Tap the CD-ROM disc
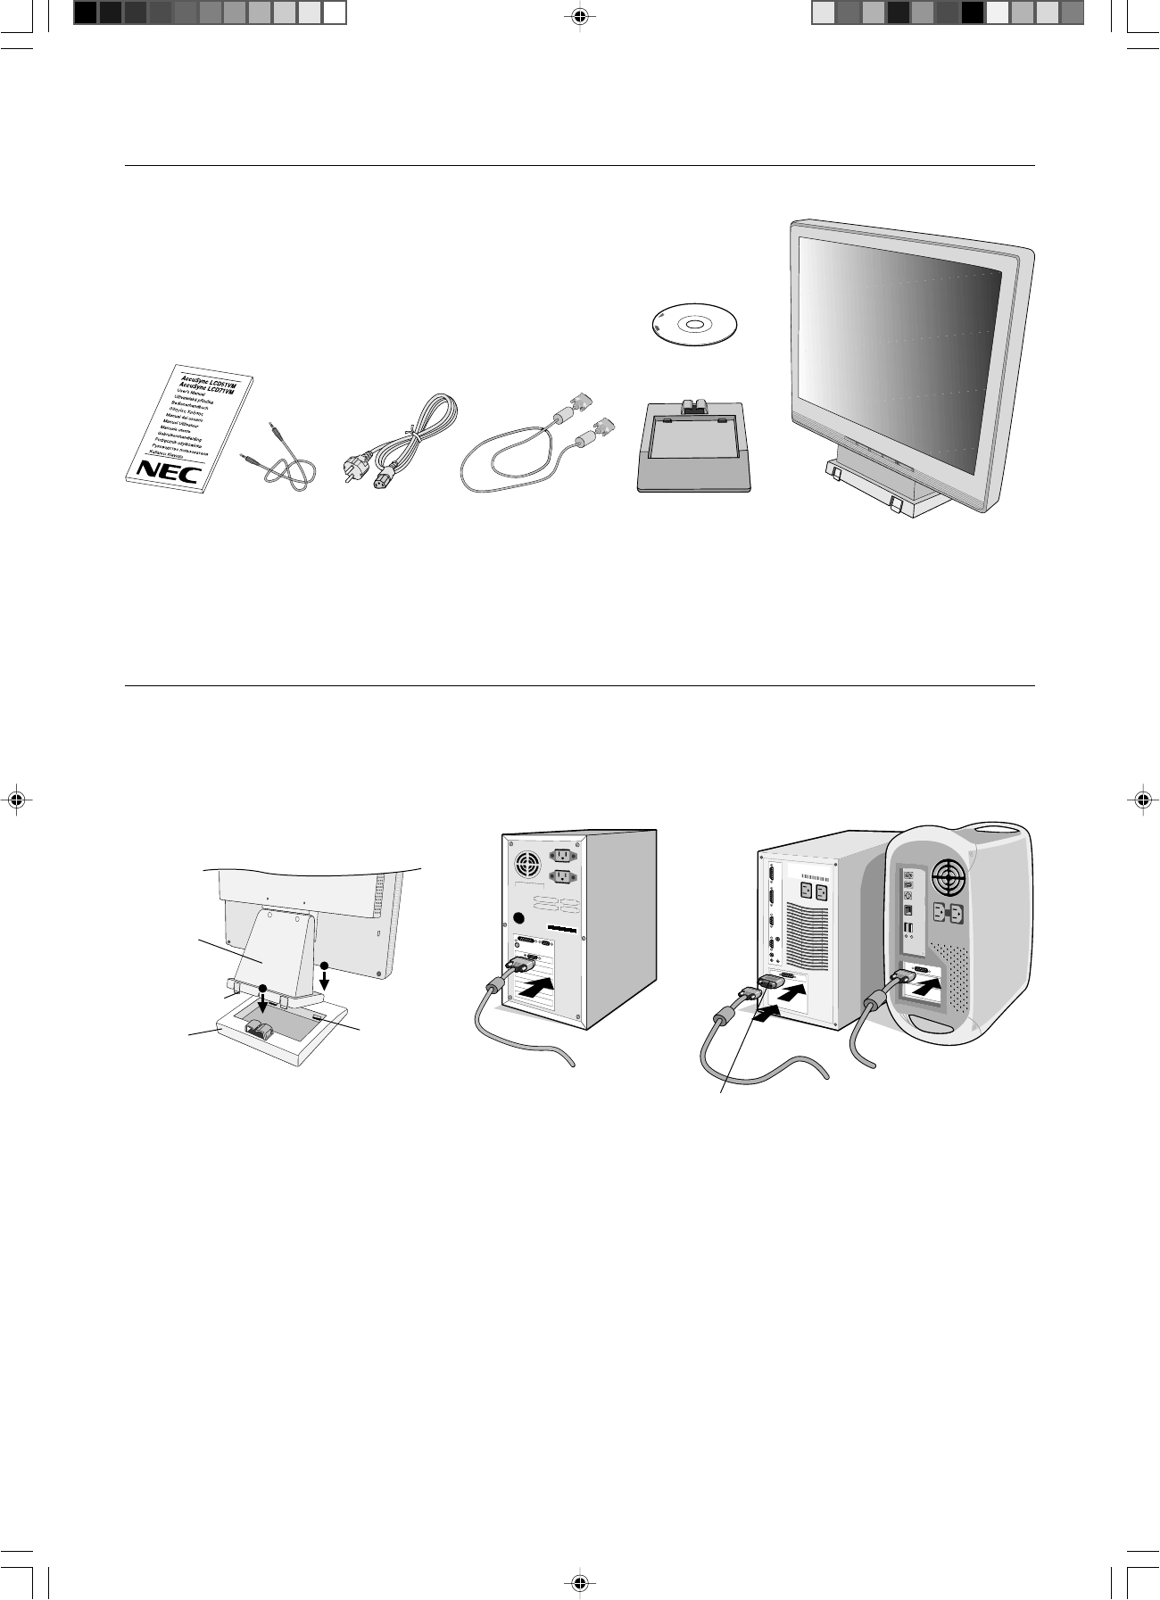tap(697, 324)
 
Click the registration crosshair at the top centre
tap(580, 15)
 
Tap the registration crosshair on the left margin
tap(15, 800)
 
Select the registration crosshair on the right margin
tap(1144, 800)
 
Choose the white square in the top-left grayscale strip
tap(334, 12)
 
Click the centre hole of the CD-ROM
tap(697, 324)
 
